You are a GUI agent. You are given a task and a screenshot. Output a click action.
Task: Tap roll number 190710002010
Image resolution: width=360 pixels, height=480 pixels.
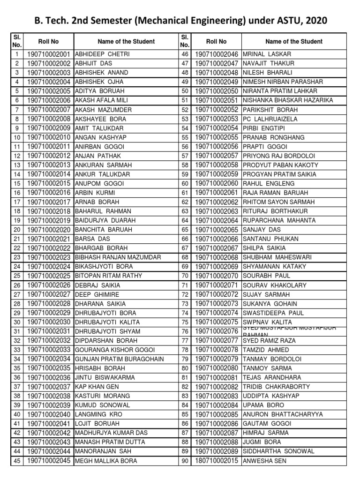point(49,137)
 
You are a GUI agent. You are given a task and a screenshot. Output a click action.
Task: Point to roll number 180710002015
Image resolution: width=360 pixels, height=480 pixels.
point(217,461)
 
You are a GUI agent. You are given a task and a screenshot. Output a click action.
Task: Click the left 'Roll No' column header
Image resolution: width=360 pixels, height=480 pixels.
point(49,42)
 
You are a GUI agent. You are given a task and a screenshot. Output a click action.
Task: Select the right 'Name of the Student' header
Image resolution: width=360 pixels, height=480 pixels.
point(294,42)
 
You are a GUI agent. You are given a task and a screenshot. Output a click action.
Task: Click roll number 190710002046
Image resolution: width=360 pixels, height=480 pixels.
point(217,54)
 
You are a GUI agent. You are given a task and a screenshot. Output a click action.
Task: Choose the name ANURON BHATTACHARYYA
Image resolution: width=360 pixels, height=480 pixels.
point(283,414)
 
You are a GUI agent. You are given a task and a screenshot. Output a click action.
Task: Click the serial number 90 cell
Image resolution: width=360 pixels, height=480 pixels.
point(185,461)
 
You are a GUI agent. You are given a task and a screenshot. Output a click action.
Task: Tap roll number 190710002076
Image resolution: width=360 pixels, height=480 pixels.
point(217,331)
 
